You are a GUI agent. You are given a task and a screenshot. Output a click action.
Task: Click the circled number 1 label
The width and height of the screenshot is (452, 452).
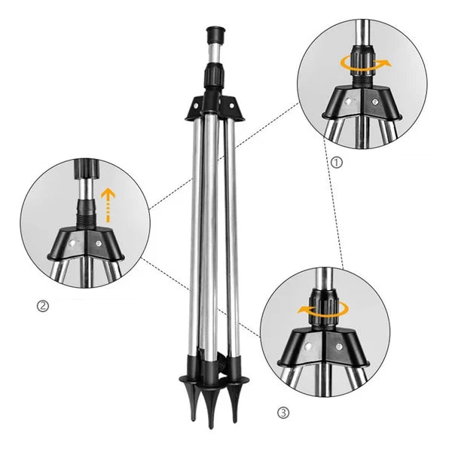coord(336,160)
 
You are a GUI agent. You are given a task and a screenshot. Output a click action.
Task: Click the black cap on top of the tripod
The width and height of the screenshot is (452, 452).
coord(214,36)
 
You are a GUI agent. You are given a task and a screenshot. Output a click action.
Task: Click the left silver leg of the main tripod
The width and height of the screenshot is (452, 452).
coord(197,226)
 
